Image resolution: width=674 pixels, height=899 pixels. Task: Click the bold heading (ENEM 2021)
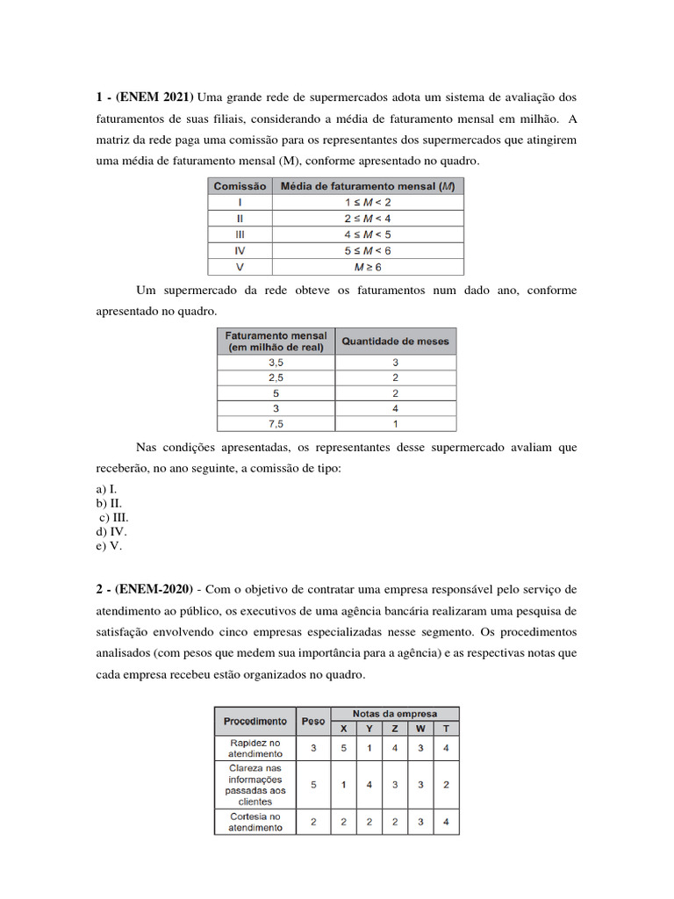click(153, 96)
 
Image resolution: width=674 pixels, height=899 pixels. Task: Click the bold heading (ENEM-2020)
click(156, 588)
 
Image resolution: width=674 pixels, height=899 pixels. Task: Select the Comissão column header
click(240, 186)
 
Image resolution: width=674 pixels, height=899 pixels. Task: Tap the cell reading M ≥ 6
click(368, 266)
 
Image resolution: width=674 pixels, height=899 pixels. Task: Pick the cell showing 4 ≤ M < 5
click(368, 234)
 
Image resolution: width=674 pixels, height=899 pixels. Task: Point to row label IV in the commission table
click(240, 250)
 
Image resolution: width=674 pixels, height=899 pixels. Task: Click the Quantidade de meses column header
click(394, 341)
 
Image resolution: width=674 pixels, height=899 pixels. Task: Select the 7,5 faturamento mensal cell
click(276, 423)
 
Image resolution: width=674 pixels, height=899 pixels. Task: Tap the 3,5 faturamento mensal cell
click(276, 361)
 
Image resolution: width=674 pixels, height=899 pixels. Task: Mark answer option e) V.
click(110, 545)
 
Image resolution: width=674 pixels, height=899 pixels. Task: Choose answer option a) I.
click(107, 488)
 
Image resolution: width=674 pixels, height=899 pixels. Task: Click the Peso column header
click(312, 721)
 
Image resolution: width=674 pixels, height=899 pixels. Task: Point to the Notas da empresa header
click(394, 713)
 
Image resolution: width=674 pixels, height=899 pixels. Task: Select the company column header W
click(420, 728)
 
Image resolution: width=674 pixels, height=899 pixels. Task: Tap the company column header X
click(343, 728)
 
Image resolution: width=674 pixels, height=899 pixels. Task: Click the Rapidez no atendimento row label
click(255, 747)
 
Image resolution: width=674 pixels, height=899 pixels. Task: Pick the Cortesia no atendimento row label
click(255, 822)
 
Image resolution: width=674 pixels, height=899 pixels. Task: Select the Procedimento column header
click(255, 721)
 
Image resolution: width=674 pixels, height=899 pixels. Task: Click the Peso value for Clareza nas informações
click(312, 784)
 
